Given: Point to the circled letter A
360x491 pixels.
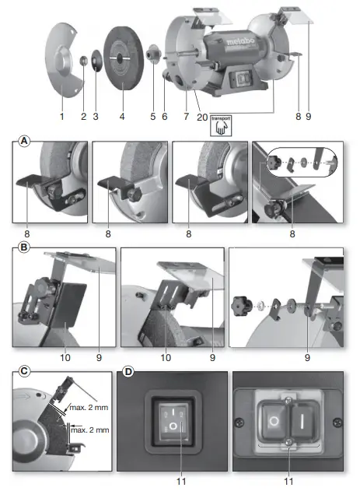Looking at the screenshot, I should (24, 142).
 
